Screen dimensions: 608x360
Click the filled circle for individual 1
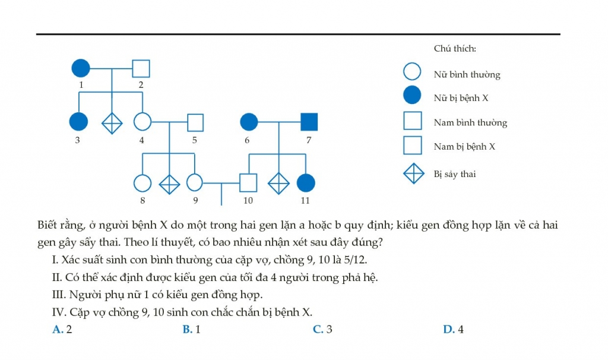pyautogui.click(x=81, y=68)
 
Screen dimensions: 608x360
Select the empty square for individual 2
pyautogui.click(x=141, y=68)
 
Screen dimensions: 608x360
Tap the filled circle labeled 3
pyautogui.click(x=78, y=121)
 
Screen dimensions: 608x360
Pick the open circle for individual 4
pyautogui.click(x=142, y=121)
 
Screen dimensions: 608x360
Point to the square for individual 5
pyautogui.click(x=195, y=122)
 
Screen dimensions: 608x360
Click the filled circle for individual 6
pyautogui.click(x=249, y=122)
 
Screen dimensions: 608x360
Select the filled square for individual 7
pyautogui.click(x=309, y=122)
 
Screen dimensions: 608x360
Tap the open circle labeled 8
pyautogui.click(x=142, y=183)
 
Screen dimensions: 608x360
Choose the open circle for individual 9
pyautogui.click(x=195, y=183)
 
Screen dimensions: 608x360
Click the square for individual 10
pyautogui.click(x=248, y=183)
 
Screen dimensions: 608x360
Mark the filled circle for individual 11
pyautogui.click(x=306, y=183)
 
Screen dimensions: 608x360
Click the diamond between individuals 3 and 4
pyautogui.click(x=112, y=123)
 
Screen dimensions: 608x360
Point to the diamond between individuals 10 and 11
pyautogui.click(x=279, y=183)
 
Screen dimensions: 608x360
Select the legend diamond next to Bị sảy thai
pyautogui.click(x=414, y=173)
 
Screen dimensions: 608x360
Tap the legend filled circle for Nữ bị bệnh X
pyautogui.click(x=412, y=95)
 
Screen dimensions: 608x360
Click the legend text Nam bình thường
pyautogui.click(x=470, y=122)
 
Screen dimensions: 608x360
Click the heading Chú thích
pyautogui.click(x=455, y=49)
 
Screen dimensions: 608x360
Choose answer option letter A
pyautogui.click(x=58, y=329)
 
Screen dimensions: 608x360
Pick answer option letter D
pyautogui.click(x=448, y=329)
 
